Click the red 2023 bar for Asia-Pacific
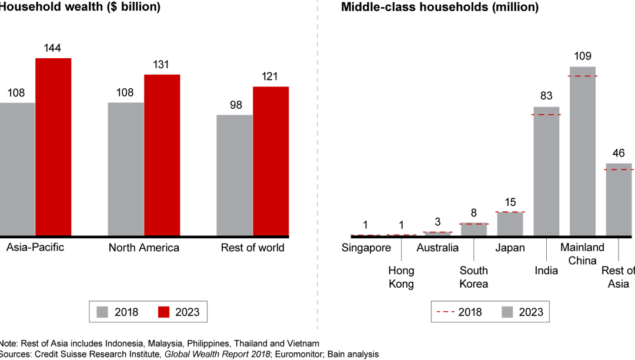[x=53, y=147]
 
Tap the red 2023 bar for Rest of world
[x=270, y=162]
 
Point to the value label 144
[x=53, y=48]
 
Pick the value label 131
[x=162, y=65]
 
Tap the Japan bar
[x=510, y=224]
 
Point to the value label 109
[x=582, y=56]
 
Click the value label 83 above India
[x=546, y=96]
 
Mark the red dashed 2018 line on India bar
[x=546, y=115]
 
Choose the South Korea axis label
[x=474, y=277]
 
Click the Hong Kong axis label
[x=401, y=277]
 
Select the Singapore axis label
[x=366, y=248]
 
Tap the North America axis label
[x=143, y=248]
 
